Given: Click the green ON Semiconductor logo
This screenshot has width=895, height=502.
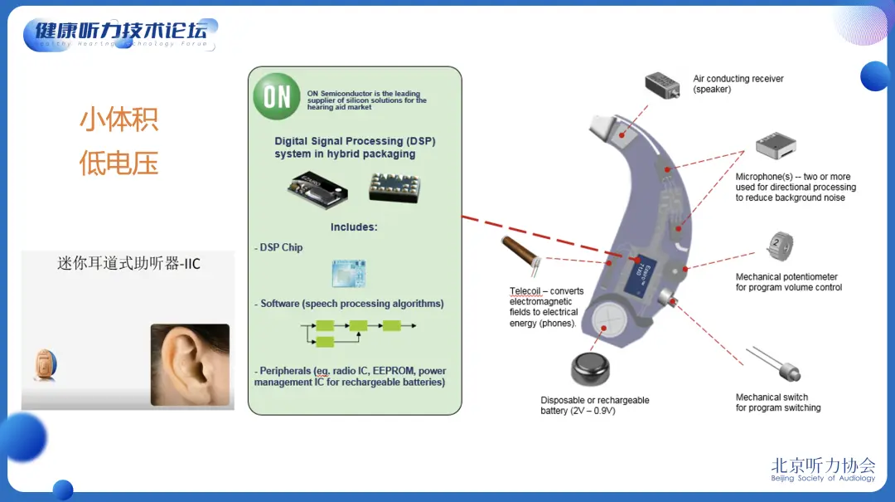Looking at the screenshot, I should point(277,96).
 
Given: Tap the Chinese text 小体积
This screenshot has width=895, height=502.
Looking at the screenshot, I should point(119,119).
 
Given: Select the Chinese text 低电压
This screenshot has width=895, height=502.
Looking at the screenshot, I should point(119,162).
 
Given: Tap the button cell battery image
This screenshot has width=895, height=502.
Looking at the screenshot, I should point(596,370).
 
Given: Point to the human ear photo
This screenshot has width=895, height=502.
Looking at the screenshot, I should point(189,364).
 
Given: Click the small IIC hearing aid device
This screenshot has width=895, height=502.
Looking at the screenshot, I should point(46,365).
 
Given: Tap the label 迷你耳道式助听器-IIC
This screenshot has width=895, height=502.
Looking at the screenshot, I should point(128,264).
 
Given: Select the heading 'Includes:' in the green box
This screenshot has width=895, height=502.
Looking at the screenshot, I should point(354,227).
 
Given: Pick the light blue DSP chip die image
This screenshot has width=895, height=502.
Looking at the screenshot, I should point(349,273).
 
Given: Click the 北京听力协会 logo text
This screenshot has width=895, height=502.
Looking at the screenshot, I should point(822,465).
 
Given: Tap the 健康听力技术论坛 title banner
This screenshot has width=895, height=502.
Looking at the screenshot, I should point(121,32).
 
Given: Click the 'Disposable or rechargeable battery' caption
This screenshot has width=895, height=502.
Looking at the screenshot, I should point(595,406).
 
